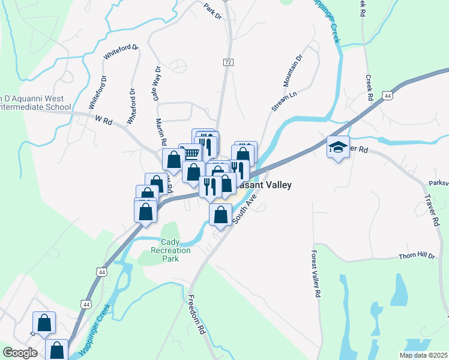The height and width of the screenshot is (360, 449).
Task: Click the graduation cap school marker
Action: pyautogui.click(x=338, y=147)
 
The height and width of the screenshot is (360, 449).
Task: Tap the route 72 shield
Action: pyautogui.click(x=228, y=62)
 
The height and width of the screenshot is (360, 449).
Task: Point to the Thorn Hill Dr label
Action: pyautogui.click(x=416, y=256)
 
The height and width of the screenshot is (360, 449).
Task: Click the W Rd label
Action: pyautogui.click(x=104, y=120)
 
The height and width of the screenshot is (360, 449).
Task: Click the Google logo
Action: pyautogui.click(x=19, y=353)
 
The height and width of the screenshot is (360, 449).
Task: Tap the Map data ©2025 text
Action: pyautogui.click(x=423, y=355)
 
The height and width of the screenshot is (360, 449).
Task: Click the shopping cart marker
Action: pyautogui.click(x=190, y=153)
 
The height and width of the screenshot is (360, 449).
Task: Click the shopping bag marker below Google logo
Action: pyautogui.click(x=56, y=350)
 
